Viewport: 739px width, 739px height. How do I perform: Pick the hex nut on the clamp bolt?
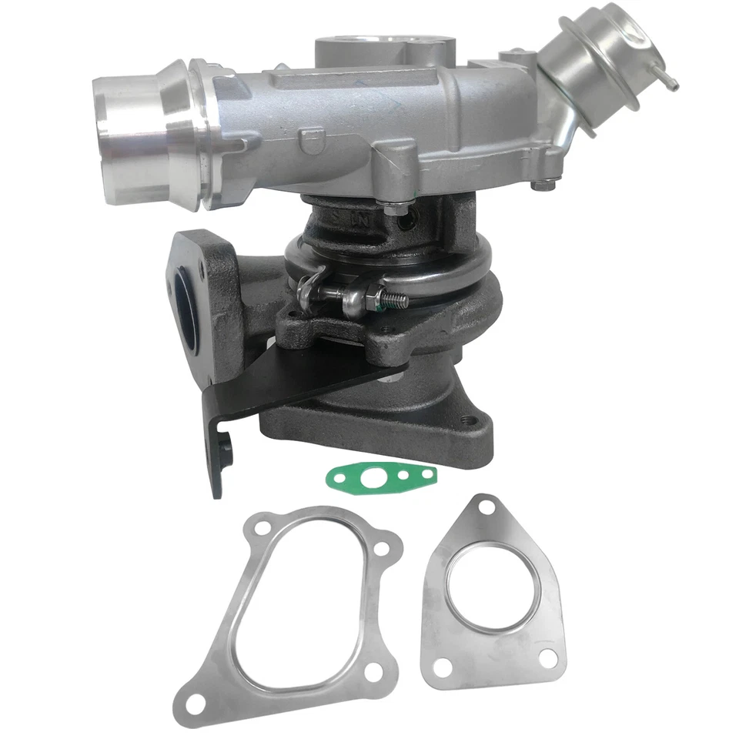click(x=369, y=294)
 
